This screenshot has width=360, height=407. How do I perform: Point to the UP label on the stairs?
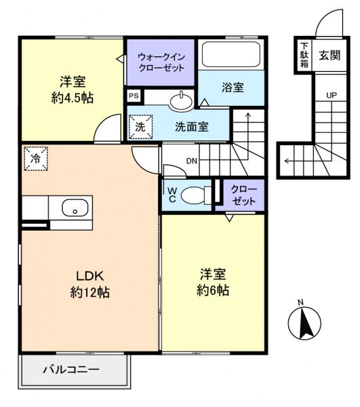pyautogui.click(x=331, y=95)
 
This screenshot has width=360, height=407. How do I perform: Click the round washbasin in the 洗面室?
pyautogui.click(x=180, y=102)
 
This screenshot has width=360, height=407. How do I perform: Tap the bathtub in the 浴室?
pyautogui.click(x=232, y=54)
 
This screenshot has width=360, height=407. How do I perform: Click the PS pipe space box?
pyautogui.click(x=134, y=97)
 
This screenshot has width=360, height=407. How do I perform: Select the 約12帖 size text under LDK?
pyautogui.click(x=89, y=293)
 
